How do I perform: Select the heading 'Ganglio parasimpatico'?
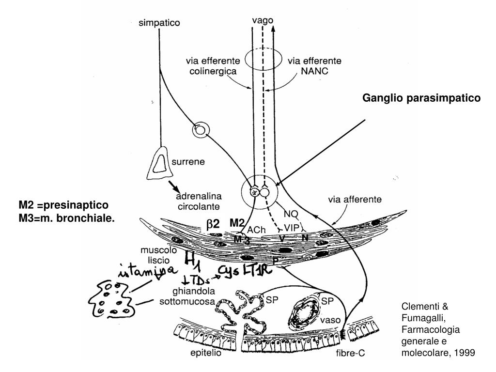[x=421, y=98]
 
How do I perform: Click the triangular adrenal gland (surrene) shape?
[x=158, y=162]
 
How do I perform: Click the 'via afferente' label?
[x=355, y=198]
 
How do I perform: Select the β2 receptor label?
[x=213, y=224]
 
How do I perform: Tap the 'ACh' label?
[x=257, y=229]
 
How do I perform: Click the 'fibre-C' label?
[x=350, y=354]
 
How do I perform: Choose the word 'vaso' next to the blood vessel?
[x=330, y=320]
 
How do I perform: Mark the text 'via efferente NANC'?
[x=314, y=66]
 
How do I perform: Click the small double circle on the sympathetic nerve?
[x=200, y=129]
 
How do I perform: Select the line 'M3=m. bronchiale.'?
[x=67, y=218]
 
